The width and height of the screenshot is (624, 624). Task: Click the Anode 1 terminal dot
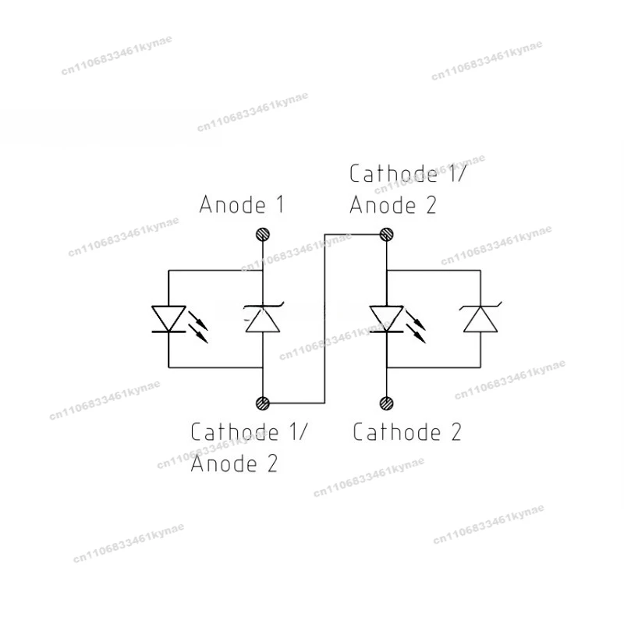(x=263, y=235)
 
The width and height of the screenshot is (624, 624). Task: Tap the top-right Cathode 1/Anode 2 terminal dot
(x=386, y=235)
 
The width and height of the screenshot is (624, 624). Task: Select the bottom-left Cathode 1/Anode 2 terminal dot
(x=263, y=403)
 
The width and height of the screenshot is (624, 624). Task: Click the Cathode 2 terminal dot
(x=386, y=403)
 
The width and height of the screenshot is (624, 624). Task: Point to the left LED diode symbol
(x=168, y=319)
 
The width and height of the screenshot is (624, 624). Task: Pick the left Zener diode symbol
(x=263, y=317)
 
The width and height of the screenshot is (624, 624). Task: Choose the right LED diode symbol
(x=386, y=319)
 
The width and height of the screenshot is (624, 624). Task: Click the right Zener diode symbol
(x=480, y=317)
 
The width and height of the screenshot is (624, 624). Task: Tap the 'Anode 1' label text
(x=242, y=204)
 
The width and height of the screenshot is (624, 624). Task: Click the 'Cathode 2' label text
(x=407, y=432)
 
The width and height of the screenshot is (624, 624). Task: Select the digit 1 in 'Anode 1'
(x=280, y=204)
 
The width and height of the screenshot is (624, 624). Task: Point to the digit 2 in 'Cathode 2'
(x=456, y=432)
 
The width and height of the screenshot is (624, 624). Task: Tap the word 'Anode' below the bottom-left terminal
(x=224, y=463)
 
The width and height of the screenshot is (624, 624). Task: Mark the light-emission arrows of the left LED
(x=198, y=327)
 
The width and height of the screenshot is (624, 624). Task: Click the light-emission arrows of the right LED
(x=416, y=327)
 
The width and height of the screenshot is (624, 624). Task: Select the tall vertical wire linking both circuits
(x=324, y=319)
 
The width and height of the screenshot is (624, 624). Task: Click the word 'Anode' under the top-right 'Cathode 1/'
(x=383, y=205)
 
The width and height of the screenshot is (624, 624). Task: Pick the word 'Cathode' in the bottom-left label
(x=235, y=432)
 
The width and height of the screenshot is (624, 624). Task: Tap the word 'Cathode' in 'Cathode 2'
(x=397, y=432)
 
